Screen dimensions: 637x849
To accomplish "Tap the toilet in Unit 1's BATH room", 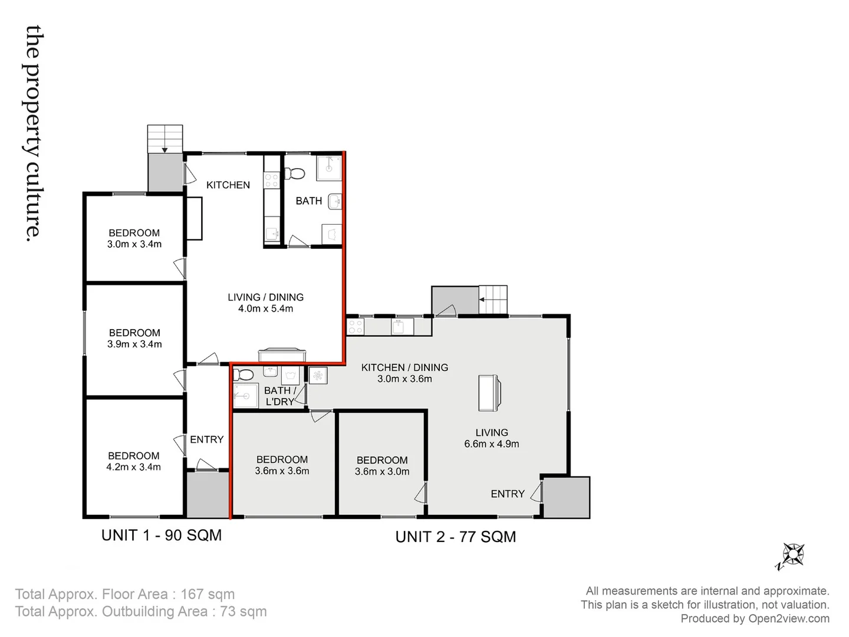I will (295, 173).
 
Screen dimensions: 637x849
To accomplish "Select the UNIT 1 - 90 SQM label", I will (162, 536).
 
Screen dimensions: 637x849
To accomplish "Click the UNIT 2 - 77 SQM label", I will (455, 537).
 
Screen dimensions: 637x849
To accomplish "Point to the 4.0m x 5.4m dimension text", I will (265, 308).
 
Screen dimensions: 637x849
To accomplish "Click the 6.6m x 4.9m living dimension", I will (491, 444).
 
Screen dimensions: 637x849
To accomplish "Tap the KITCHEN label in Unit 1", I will (228, 185).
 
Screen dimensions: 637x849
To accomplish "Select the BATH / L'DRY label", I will (279, 396).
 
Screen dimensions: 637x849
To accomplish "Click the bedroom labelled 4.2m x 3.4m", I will (134, 461).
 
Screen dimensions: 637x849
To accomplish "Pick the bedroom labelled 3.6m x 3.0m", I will (382, 466).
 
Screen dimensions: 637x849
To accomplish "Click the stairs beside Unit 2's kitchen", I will (493, 300).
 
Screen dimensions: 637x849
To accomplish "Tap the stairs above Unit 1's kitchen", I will (165, 139).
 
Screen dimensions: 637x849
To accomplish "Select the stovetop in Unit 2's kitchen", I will (356, 327).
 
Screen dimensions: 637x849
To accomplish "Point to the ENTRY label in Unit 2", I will (507, 494).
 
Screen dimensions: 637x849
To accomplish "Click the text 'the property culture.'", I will (34, 132).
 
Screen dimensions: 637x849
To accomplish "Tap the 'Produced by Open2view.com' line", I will (755, 619).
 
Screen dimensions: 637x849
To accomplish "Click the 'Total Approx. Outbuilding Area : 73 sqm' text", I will (141, 612).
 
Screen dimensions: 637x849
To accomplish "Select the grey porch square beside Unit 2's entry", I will (566, 497).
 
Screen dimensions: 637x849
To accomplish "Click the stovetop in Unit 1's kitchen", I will (271, 179).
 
